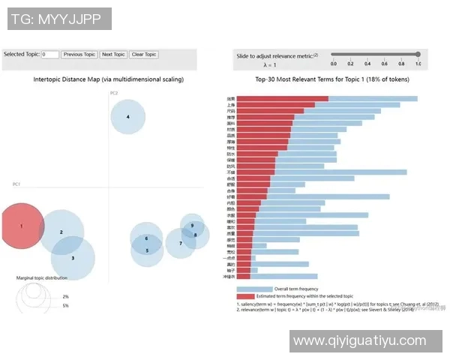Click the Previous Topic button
79,55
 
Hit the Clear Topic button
143,55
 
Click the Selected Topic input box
50,55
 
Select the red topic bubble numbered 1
22,226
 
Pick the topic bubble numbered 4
128,117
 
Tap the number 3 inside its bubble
73,258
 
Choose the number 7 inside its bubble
180,243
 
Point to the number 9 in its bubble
193,225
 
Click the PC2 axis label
114,93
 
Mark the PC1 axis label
16,184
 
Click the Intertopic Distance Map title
109,79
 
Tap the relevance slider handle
417,54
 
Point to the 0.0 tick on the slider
333,64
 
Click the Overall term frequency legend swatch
254,289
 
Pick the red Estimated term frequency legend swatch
254,296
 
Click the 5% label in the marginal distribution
65,306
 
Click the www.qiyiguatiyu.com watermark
359,341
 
